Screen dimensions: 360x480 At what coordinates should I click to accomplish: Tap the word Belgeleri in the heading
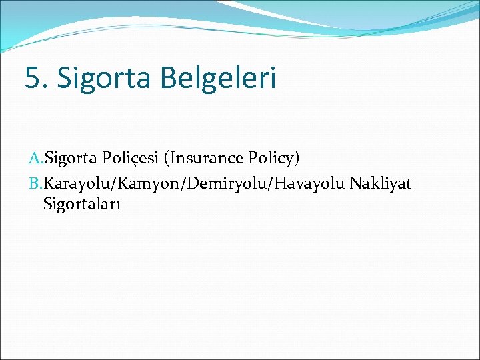217,78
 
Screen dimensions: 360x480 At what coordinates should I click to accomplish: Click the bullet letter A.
35,159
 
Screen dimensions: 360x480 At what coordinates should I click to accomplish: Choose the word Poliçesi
133,159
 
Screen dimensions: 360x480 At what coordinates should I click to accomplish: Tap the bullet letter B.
35,183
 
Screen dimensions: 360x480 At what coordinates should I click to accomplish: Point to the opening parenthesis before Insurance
173,159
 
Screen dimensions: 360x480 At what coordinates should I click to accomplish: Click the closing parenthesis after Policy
297,159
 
